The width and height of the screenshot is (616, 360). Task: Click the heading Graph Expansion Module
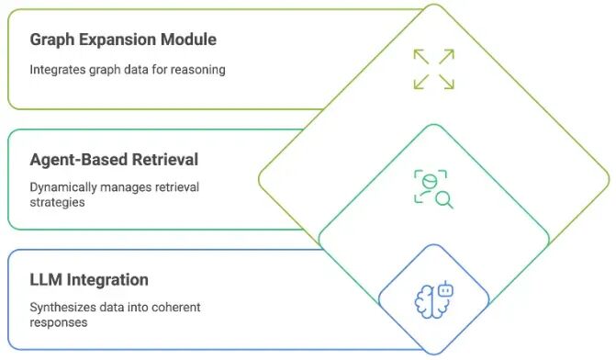pyautogui.click(x=123, y=40)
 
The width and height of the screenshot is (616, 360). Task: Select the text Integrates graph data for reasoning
pyautogui.click(x=128, y=70)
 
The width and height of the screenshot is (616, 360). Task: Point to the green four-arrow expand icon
pyautogui.click(x=433, y=69)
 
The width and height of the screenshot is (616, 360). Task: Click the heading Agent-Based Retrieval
pyautogui.click(x=114, y=160)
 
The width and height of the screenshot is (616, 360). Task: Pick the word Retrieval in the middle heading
pyautogui.click(x=165, y=160)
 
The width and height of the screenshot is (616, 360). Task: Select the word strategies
pyautogui.click(x=57, y=203)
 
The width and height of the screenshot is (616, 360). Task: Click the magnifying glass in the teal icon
pyautogui.click(x=444, y=199)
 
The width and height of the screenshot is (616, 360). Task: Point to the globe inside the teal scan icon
pyautogui.click(x=430, y=182)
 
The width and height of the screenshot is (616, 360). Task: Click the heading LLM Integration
pyautogui.click(x=89, y=280)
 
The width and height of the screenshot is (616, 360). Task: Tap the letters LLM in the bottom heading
pyautogui.click(x=46, y=280)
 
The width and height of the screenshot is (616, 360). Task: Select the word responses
pyautogui.click(x=59, y=323)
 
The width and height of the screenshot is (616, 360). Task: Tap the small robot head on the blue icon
pyautogui.click(x=445, y=289)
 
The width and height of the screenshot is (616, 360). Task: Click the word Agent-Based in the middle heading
pyautogui.click(x=79, y=161)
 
